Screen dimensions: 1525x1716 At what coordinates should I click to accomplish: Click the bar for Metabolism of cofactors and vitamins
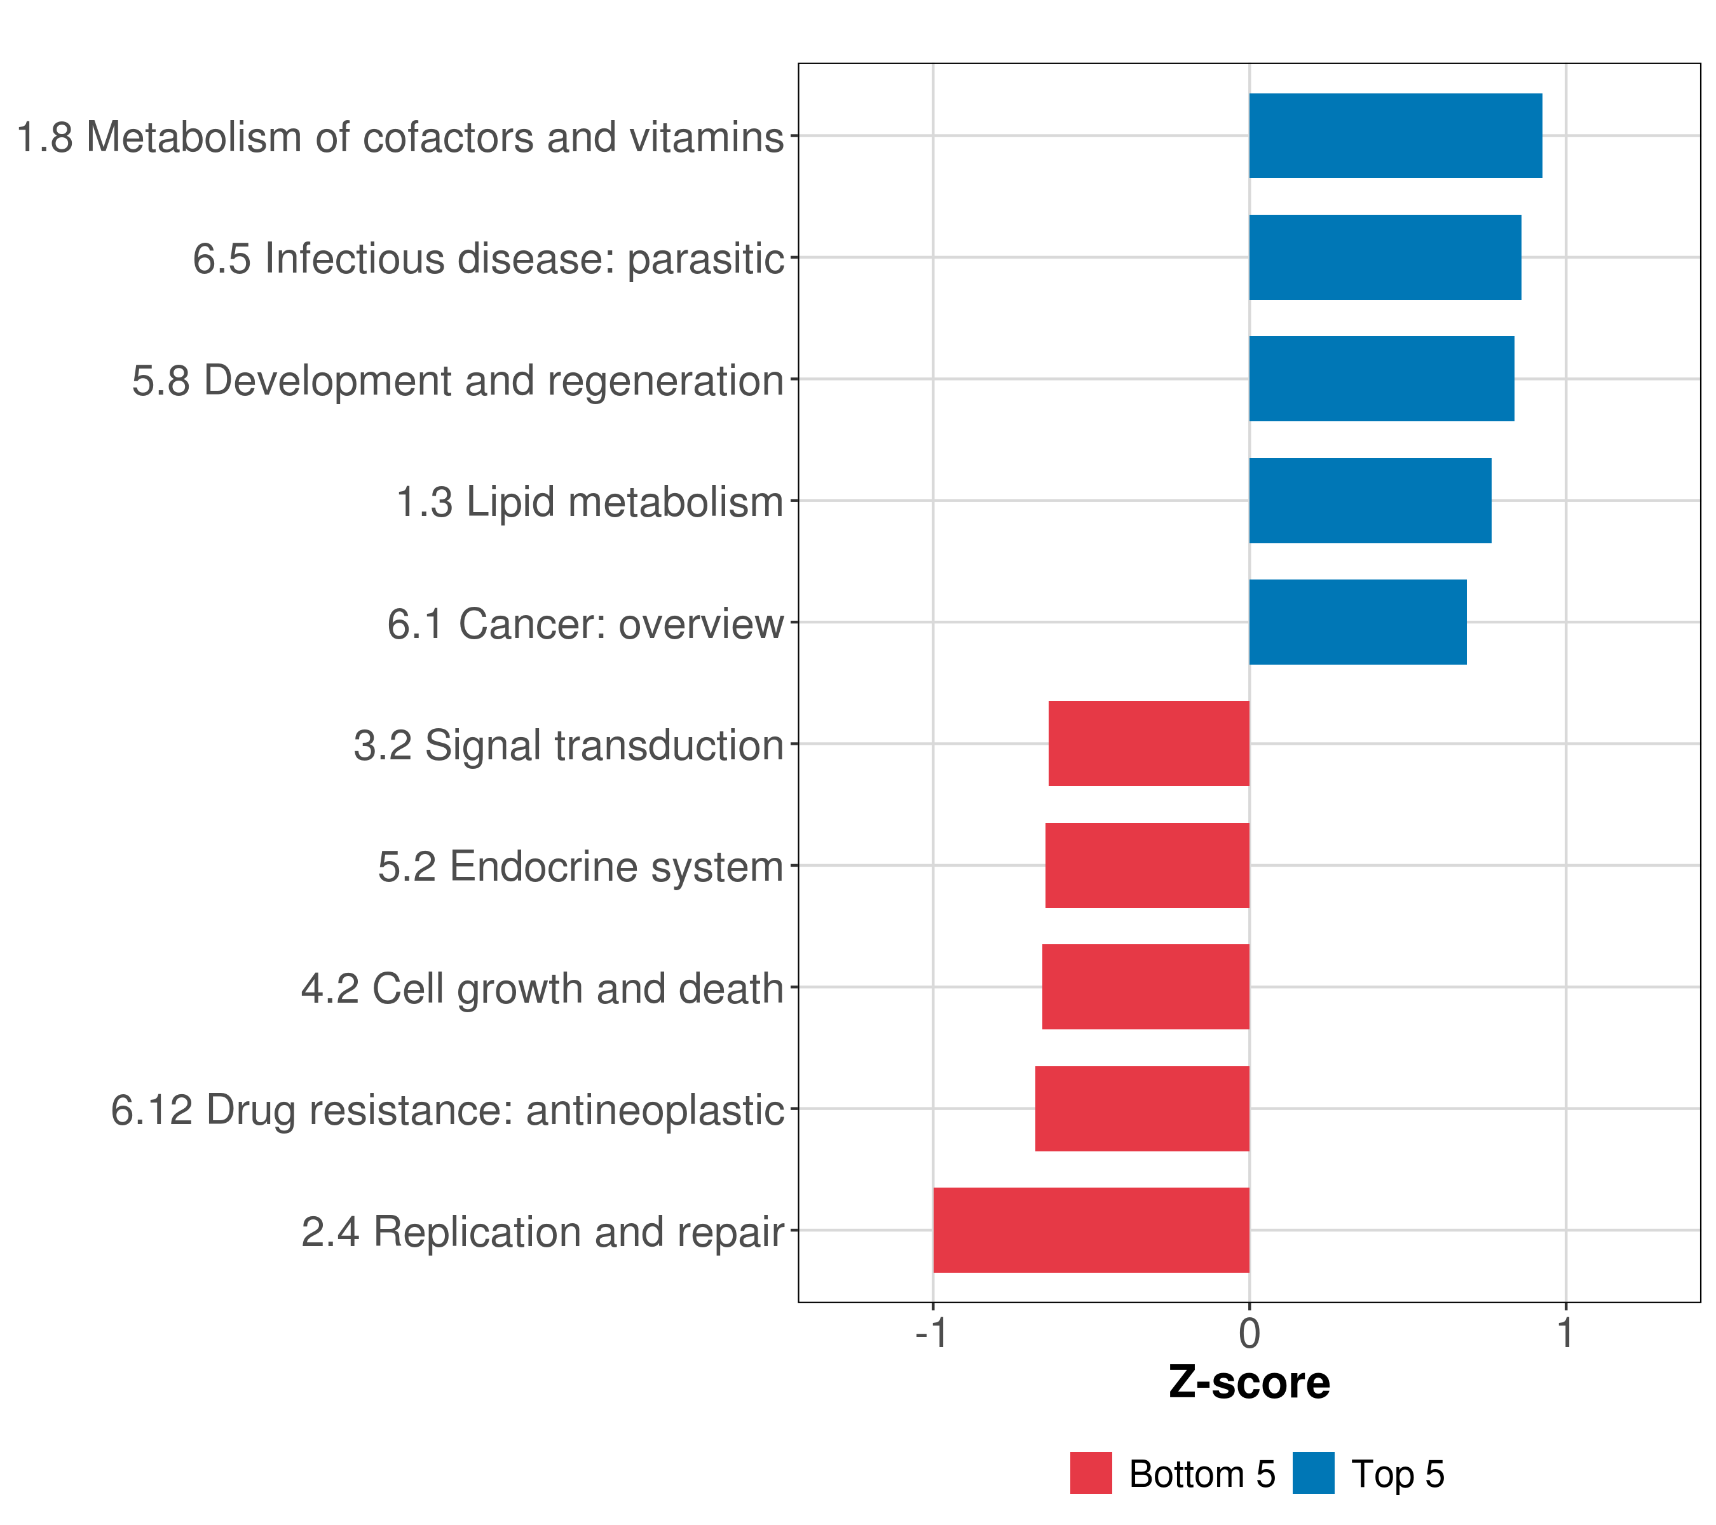[1395, 135]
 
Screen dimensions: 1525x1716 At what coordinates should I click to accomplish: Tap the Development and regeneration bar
[1381, 379]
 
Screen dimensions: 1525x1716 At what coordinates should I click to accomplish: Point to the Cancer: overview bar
[1358, 622]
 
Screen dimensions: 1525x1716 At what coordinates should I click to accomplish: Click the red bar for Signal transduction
[1148, 743]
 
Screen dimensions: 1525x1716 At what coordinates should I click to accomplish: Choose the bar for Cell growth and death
[1145, 987]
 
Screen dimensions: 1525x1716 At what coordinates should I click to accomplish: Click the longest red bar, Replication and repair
[1091, 1230]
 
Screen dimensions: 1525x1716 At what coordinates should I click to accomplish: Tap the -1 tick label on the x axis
[932, 1333]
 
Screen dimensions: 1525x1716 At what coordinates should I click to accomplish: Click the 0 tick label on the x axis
[1250, 1333]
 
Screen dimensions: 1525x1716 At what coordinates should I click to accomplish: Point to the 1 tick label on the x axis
[1565, 1333]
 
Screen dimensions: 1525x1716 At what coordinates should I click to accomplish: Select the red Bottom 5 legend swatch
[1091, 1474]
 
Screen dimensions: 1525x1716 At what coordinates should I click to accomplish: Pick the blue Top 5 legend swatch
[1313, 1474]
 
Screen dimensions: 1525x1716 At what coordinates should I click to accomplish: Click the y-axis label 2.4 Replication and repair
[542, 1232]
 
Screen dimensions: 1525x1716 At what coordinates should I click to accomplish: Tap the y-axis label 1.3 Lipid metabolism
[589, 502]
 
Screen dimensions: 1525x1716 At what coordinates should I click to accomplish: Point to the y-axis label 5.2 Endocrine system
[580, 867]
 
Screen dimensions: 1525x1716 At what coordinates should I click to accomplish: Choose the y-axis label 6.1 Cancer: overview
[585, 623]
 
